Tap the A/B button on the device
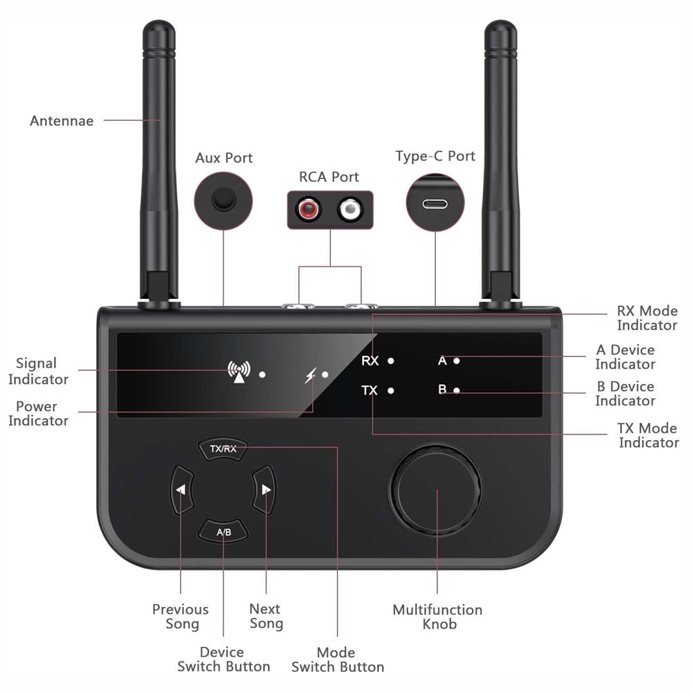point(224,531)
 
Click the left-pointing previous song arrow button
point(181,489)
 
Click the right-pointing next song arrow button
point(266,489)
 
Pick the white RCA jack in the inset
point(350,208)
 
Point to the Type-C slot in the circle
point(435,204)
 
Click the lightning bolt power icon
point(311,375)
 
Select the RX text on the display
point(370,361)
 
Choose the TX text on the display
point(370,390)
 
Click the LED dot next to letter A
point(457,361)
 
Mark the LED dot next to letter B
point(457,390)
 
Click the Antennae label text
point(62,121)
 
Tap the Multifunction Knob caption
point(437,617)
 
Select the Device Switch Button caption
point(224,659)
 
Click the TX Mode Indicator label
point(648,435)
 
